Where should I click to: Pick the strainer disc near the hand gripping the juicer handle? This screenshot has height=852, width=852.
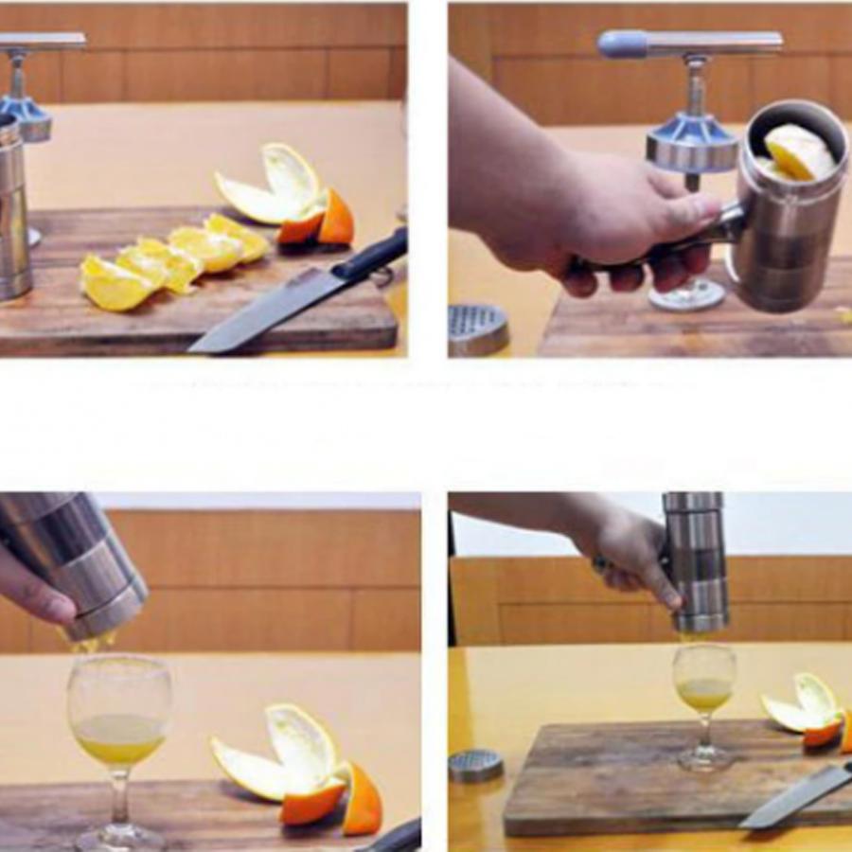click(477, 328)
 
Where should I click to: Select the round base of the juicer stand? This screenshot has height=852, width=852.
click(687, 295)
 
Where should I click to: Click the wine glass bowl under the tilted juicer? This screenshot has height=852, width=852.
click(119, 710)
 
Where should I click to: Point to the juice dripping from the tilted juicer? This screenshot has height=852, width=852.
click(90, 643)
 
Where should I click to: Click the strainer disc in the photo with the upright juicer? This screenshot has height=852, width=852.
click(475, 766)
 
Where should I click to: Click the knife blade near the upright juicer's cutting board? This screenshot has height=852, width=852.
click(795, 795)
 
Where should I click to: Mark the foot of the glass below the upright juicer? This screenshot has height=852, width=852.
click(704, 756)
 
